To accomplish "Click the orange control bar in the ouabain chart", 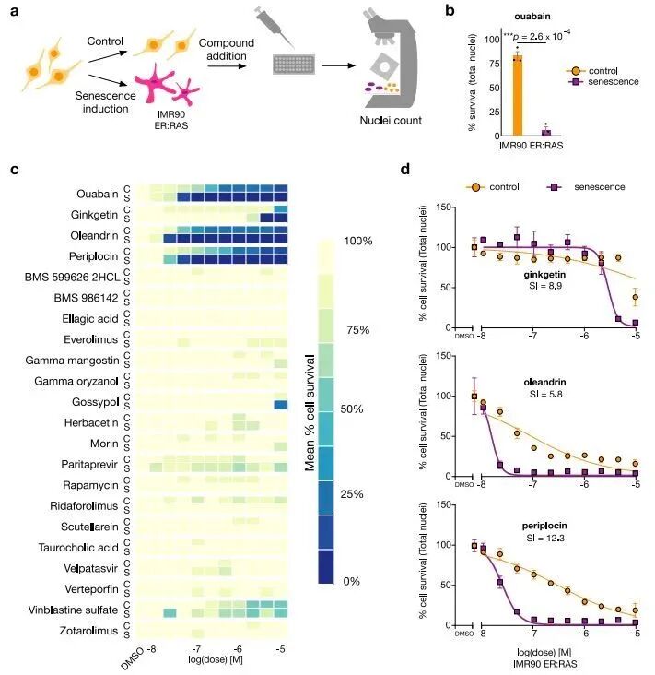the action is click(518, 95).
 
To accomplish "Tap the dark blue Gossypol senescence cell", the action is click(281, 405).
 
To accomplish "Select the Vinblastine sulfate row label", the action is click(73, 610).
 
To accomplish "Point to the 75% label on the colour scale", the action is click(357, 330).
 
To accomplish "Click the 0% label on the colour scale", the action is click(351, 581).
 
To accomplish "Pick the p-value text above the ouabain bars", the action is click(537, 37).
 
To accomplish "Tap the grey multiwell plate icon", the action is click(294, 65).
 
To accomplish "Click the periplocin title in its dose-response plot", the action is click(544, 526).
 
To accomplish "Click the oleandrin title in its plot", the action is click(544, 383).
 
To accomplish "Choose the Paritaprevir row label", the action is click(89, 465).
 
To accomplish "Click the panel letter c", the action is click(15, 169).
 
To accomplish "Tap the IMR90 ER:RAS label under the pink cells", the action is click(171, 120).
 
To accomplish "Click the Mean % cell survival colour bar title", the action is click(310, 412).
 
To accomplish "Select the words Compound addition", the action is click(227, 50).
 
